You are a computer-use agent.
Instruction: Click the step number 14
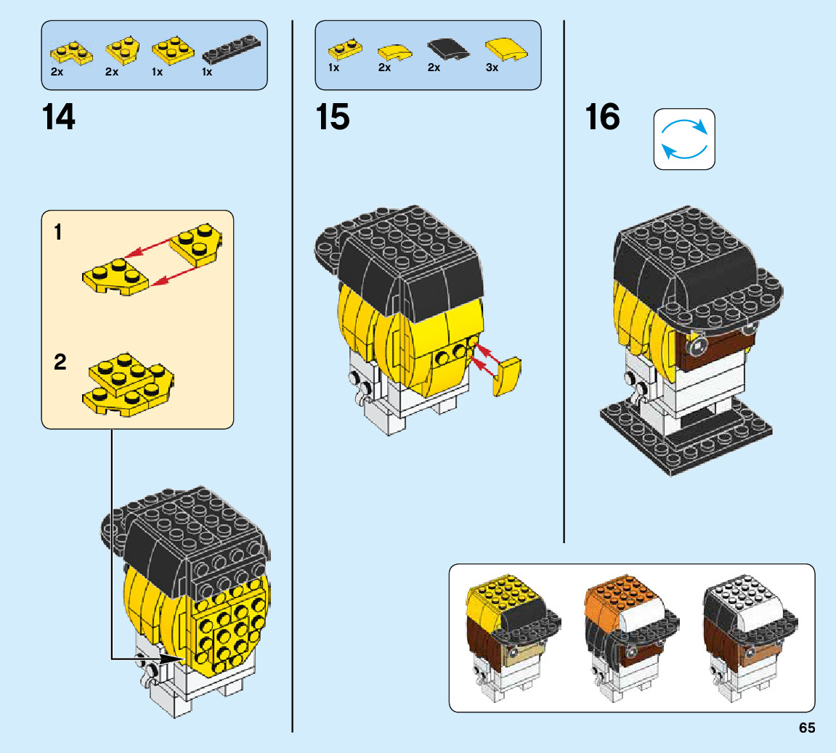[x=59, y=117]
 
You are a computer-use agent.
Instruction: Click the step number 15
[x=333, y=117]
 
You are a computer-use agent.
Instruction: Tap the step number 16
[x=604, y=117]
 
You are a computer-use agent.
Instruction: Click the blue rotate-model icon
[x=684, y=139]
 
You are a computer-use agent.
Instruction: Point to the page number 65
[x=806, y=728]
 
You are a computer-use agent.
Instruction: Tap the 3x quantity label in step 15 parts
[x=492, y=68]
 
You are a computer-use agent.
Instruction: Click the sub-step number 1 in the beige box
[x=59, y=233]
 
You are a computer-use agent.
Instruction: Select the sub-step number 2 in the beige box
[x=60, y=362]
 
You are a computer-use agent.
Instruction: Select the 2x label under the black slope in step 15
[x=434, y=68]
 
